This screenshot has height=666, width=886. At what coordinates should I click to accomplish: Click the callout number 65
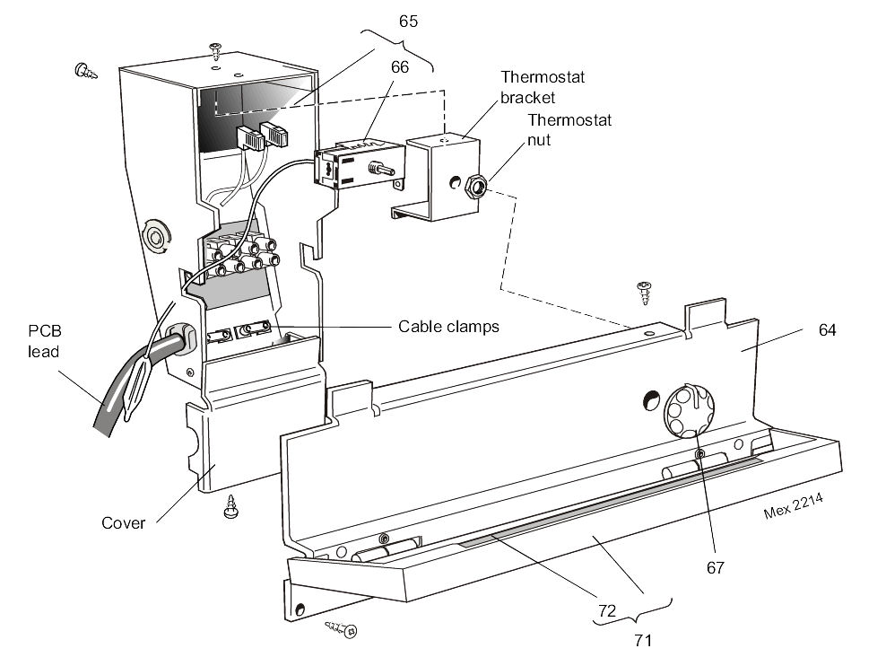pos(408,20)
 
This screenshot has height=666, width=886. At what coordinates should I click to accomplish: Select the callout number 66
pos(399,66)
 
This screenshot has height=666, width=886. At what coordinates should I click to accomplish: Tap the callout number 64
pos(827,329)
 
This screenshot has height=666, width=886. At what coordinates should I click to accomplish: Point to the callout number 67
pos(715,567)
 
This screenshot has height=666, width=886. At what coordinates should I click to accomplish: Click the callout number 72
pos(607,609)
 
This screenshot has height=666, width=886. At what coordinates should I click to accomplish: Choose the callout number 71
pos(642,640)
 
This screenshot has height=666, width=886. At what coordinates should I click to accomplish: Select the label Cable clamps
pos(447,326)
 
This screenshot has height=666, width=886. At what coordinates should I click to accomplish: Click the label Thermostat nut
pos(556,129)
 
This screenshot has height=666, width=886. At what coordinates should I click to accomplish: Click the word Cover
pos(123,522)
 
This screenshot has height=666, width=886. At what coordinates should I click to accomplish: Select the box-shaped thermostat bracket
pos(439,175)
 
